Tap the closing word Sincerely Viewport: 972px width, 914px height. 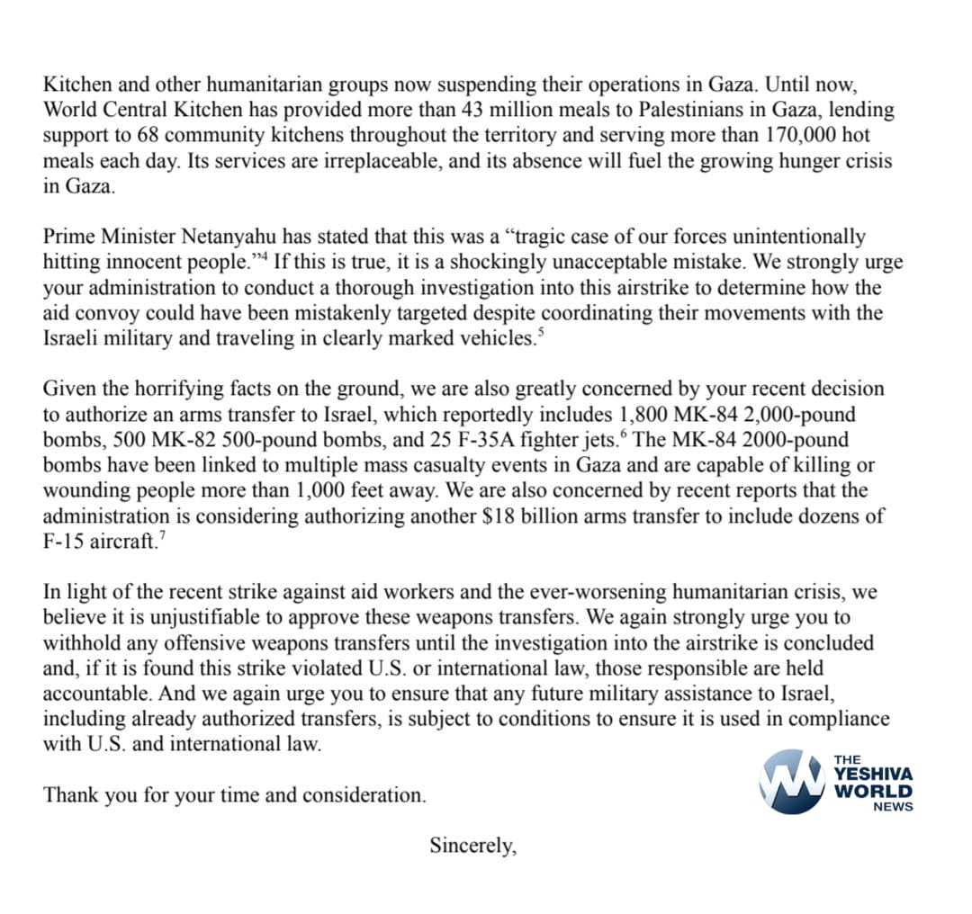(x=472, y=846)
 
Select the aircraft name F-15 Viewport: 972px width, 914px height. (x=67, y=542)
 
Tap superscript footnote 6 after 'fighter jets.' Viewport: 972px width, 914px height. (x=624, y=435)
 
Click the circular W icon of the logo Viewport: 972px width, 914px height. (x=792, y=781)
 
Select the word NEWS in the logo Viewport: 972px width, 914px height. (x=893, y=807)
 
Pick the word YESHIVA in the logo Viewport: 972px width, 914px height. (x=874, y=774)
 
